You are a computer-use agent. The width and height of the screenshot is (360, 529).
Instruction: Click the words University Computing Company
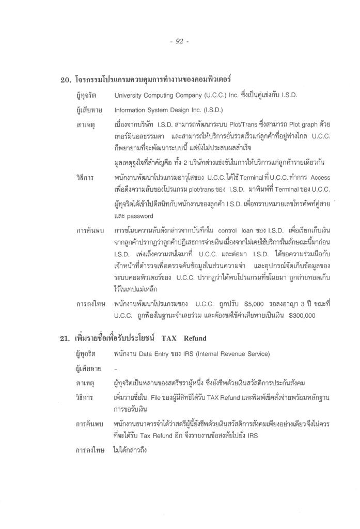155,96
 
